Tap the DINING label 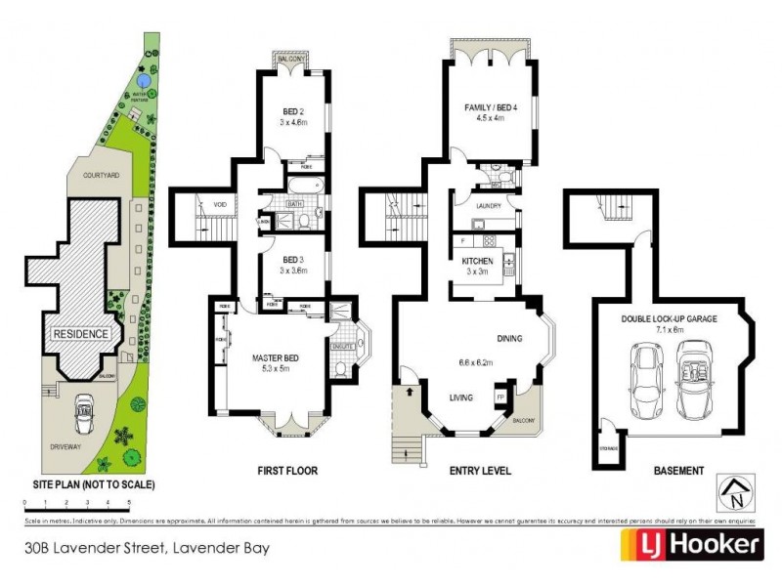tap(509, 339)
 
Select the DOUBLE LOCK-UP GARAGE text tap(672, 318)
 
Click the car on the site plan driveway tap(82, 414)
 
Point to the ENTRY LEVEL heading tap(479, 471)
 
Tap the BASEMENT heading tap(678, 471)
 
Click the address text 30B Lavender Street tap(147, 548)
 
